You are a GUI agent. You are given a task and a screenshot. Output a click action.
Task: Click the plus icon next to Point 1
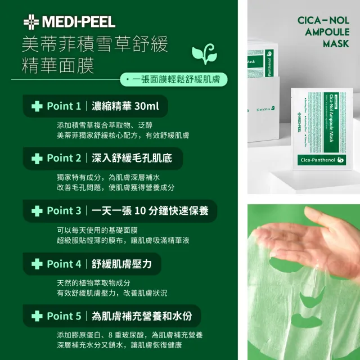(37, 106)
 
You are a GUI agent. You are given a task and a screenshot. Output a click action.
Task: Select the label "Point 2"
(68, 158)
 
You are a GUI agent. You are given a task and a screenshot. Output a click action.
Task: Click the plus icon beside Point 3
(37, 211)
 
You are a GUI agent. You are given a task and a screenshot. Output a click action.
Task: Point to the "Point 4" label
(68, 263)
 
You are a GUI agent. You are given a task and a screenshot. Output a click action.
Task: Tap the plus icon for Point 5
(37, 316)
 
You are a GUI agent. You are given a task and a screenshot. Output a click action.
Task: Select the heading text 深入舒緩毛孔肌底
(130, 158)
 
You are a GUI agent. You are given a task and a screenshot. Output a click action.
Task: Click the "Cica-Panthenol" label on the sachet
(323, 161)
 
